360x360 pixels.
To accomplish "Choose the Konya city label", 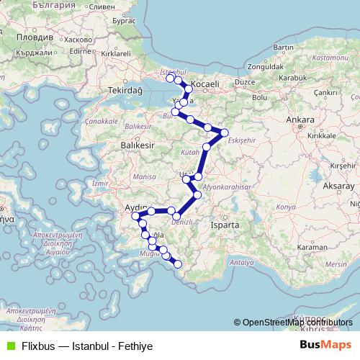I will coord(287,207).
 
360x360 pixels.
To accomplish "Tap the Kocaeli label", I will coord(205,84).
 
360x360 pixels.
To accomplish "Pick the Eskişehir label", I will coord(241,139).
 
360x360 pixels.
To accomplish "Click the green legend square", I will coord(9,345).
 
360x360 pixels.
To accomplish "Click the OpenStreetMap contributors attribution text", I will coord(293,323).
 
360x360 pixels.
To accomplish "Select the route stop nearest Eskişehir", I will coord(225,132).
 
